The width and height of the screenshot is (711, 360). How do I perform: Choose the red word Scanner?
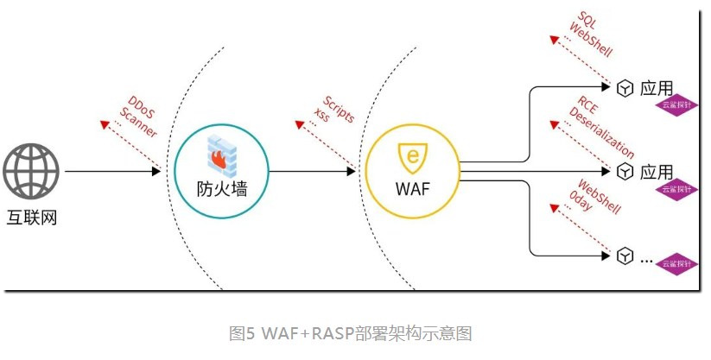tap(138, 122)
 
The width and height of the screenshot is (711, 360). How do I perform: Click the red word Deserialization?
tap(601, 131)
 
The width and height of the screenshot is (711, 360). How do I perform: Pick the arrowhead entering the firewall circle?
tap(157, 171)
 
